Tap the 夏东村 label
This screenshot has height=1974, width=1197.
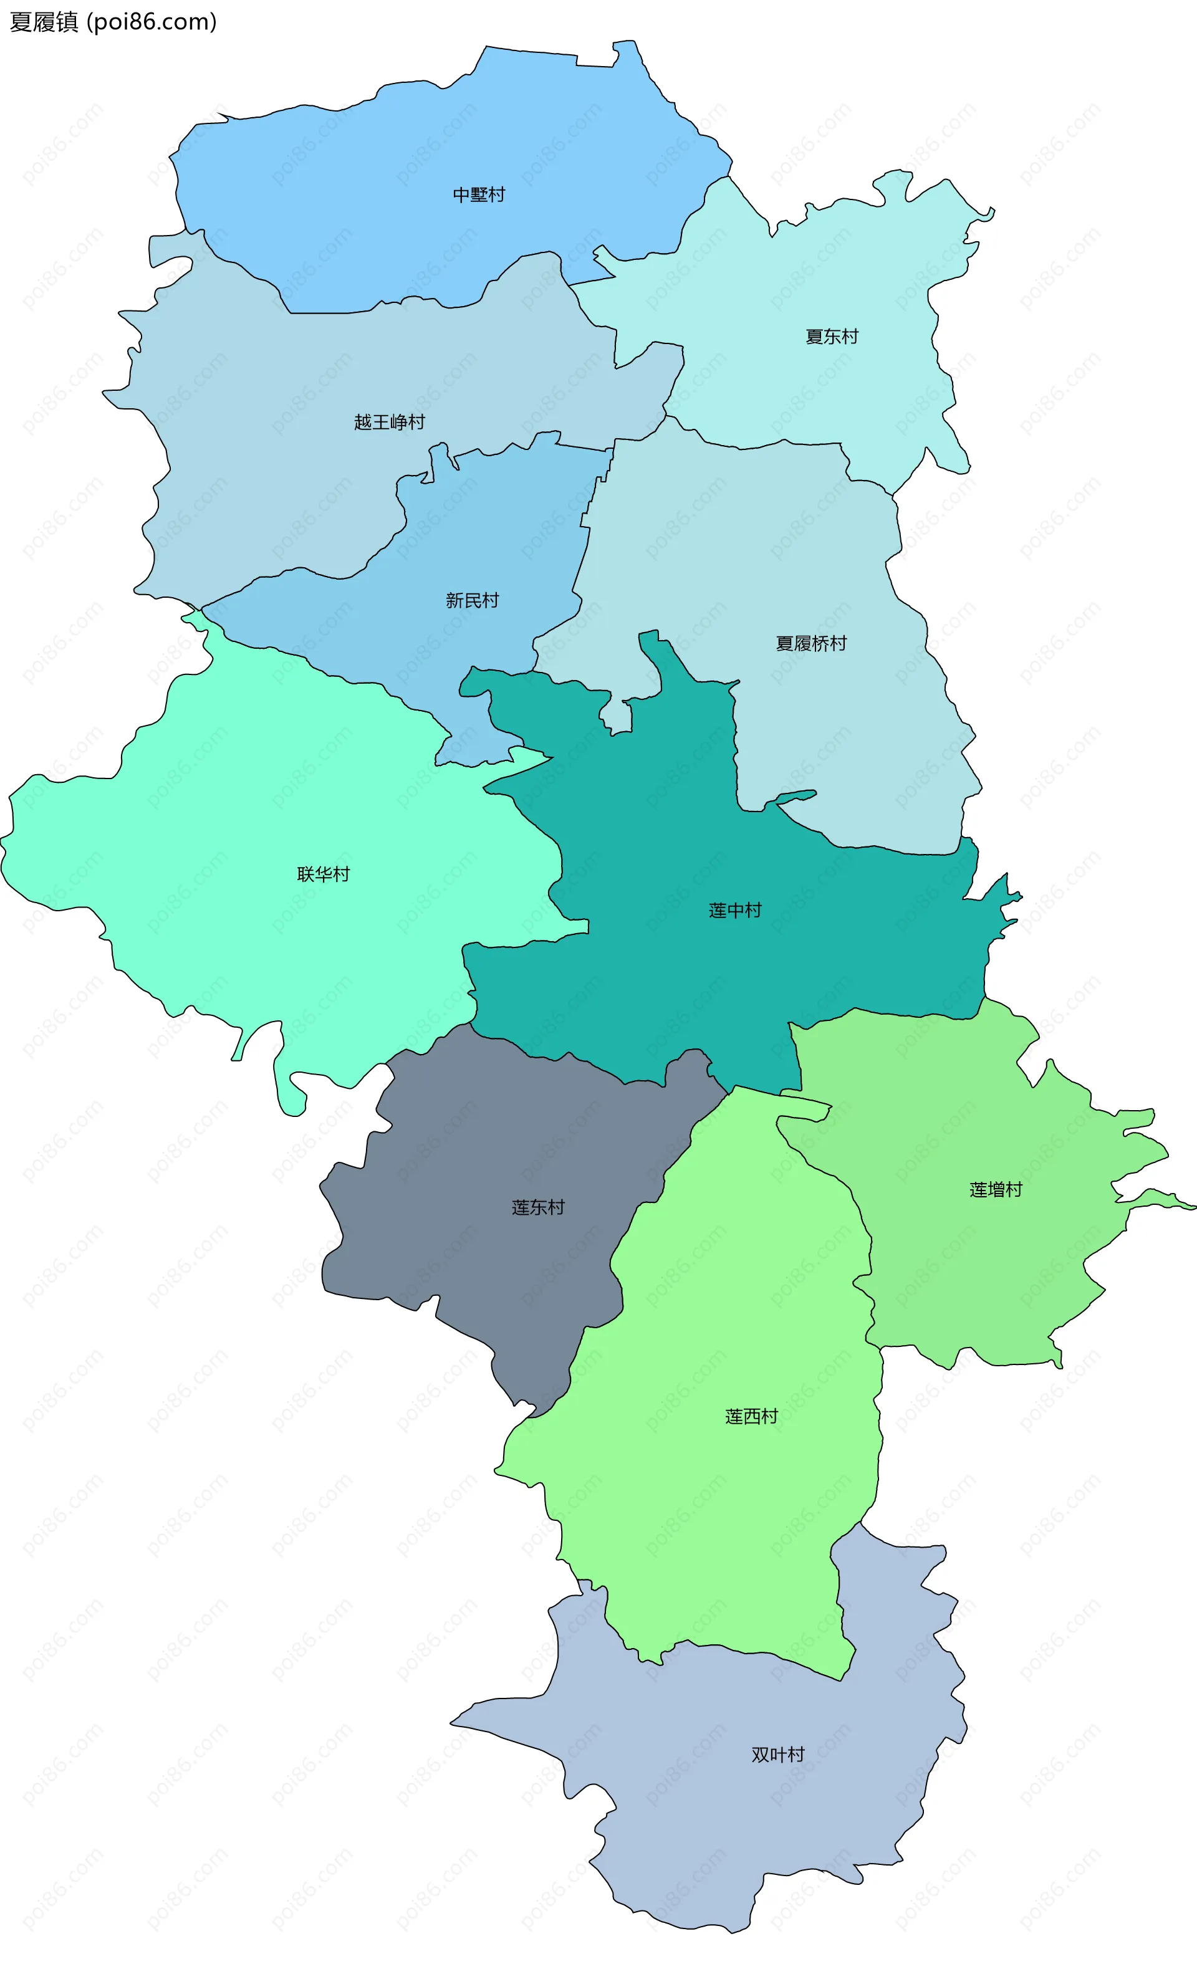tap(832, 337)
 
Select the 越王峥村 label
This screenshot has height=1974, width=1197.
tap(390, 422)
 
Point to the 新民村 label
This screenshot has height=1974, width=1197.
tap(472, 600)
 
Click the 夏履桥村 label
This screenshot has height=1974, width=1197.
tap(811, 643)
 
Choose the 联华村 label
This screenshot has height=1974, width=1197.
tap(324, 874)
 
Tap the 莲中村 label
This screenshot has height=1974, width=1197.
tap(734, 910)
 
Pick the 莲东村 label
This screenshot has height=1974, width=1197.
tap(539, 1207)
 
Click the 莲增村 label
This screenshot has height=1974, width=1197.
tap(996, 1190)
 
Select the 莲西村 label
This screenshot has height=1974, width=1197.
tap(751, 1416)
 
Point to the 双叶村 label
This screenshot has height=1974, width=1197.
tap(778, 1755)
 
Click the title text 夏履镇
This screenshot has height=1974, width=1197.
tap(44, 22)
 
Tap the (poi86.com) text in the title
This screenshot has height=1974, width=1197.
tap(151, 22)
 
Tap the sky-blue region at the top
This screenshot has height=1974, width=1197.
tap(401, 160)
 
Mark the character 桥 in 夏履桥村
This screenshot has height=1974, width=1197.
tap(820, 643)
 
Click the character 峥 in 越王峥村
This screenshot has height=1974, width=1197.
tap(398, 422)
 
